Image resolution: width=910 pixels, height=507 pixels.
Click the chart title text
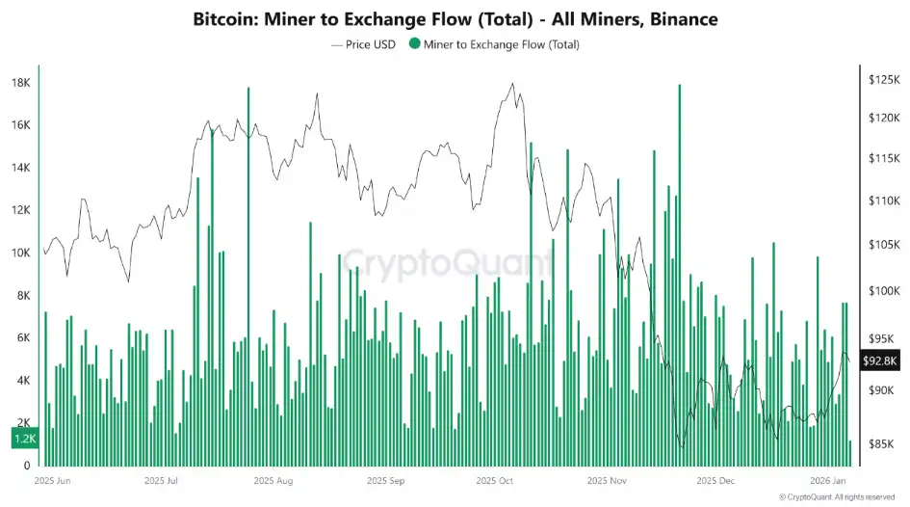[455, 18]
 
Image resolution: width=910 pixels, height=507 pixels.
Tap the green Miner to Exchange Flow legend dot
[414, 43]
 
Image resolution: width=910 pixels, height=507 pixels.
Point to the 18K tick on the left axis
[19, 83]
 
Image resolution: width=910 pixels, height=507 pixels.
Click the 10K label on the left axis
[19, 253]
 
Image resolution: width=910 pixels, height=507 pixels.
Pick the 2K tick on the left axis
[19, 423]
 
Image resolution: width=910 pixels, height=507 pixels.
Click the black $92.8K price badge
[880, 361]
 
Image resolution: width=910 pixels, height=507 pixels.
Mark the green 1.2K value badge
[24, 439]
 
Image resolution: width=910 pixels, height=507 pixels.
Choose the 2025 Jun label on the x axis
[52, 480]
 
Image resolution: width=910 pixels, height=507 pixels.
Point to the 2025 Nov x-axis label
[608, 480]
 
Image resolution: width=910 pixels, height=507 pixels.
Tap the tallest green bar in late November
[680, 270]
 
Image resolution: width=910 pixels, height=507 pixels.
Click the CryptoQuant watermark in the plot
[448, 261]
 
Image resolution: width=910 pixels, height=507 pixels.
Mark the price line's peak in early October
[512, 84]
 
